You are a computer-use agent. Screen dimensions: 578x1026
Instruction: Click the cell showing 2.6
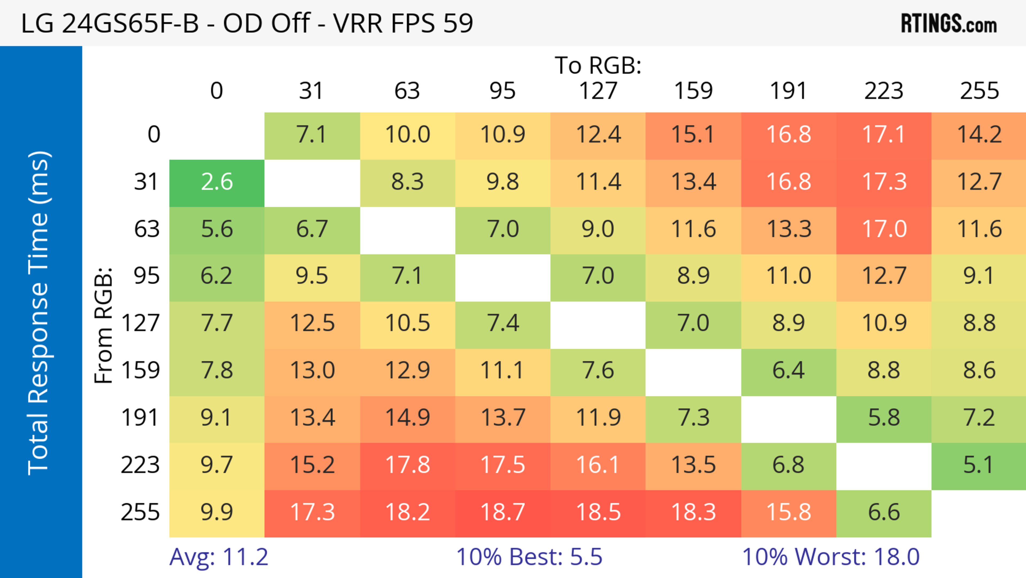tap(217, 182)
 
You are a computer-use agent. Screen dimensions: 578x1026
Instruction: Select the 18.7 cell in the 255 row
tap(503, 512)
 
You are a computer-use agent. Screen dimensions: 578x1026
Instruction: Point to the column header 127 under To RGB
tap(598, 91)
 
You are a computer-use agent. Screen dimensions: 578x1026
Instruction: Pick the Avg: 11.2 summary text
tap(219, 557)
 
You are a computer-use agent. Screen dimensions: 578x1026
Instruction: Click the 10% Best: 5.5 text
tap(529, 557)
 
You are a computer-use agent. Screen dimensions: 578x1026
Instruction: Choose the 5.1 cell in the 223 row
tap(979, 465)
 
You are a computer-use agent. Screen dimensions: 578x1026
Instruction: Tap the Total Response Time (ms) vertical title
tap(39, 313)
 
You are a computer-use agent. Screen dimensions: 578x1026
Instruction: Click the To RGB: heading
tap(598, 65)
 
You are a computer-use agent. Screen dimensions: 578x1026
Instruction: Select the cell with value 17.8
tap(407, 465)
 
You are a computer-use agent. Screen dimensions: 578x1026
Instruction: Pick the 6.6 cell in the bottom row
tap(884, 512)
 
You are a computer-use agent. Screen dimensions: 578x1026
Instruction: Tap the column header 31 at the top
tap(311, 91)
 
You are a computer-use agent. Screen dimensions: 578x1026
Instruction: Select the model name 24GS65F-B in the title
tap(130, 23)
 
